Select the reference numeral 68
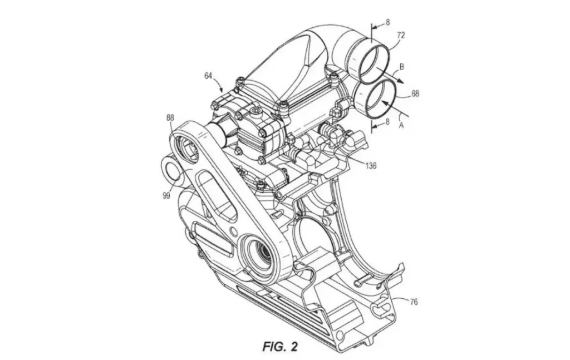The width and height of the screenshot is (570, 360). (x=415, y=94)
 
